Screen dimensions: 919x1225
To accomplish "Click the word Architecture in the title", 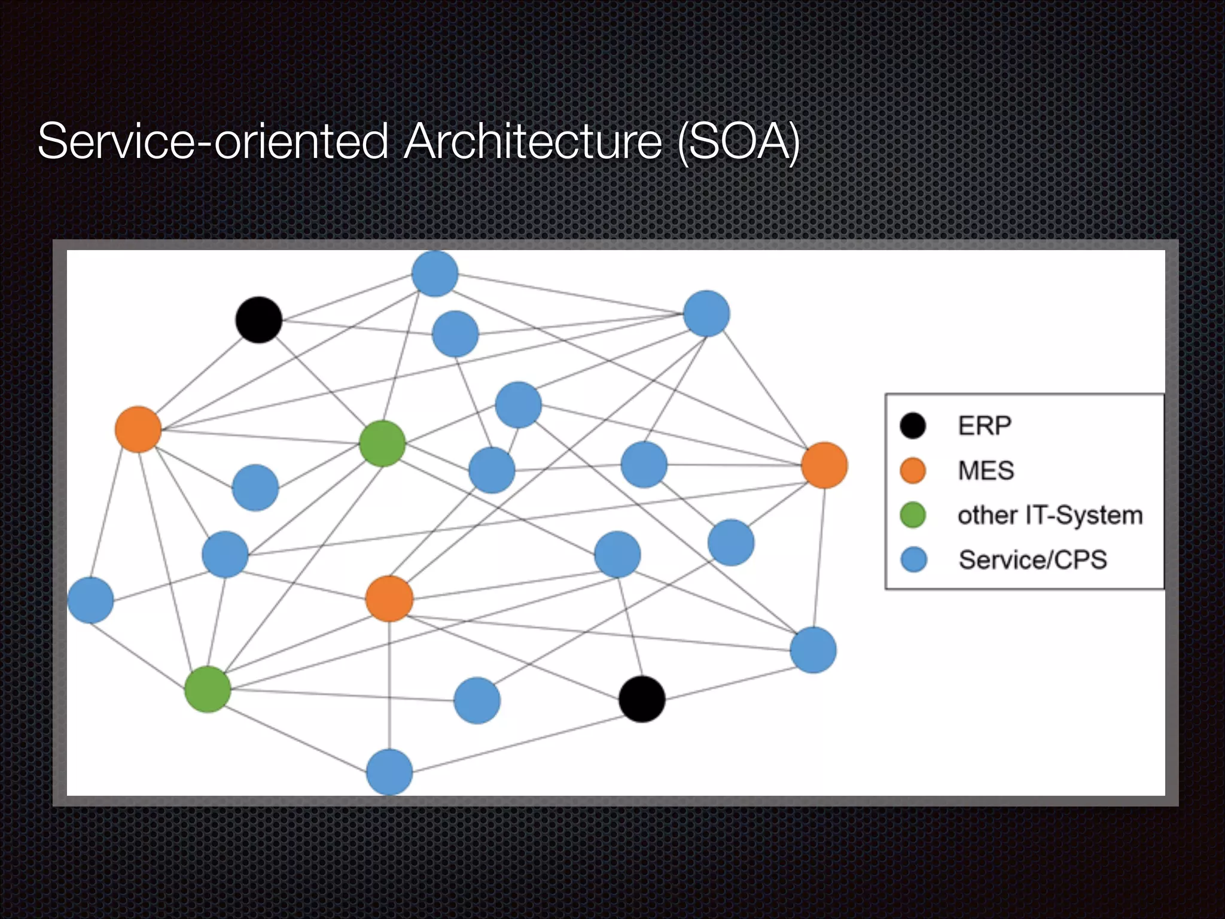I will click(x=532, y=141).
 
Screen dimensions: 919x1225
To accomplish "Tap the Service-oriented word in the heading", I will click(x=213, y=141).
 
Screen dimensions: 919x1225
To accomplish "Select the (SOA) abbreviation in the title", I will click(x=739, y=141).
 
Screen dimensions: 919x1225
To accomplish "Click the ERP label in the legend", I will click(x=985, y=426).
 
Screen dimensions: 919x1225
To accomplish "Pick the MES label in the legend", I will click(x=986, y=470).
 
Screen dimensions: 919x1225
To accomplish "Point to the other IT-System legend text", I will click(x=1050, y=515).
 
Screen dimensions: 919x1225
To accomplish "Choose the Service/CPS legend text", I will click(x=1032, y=560).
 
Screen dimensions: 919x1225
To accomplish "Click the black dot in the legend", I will click(x=913, y=426).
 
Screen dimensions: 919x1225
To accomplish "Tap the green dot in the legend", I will click(x=913, y=515).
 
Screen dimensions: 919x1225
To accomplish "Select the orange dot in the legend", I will click(x=913, y=470).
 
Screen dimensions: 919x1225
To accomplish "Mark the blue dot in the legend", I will click(x=913, y=560).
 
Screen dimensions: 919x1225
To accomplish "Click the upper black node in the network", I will click(x=258, y=320).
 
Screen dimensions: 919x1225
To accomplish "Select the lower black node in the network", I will click(x=642, y=699).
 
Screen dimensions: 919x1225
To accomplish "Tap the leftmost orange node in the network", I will click(x=138, y=430).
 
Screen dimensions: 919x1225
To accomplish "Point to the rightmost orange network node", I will click(x=824, y=465).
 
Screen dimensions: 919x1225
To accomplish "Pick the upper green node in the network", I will click(x=383, y=443).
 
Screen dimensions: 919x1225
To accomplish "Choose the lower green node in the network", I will click(x=208, y=689).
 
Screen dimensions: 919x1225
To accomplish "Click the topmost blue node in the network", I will click(x=435, y=274).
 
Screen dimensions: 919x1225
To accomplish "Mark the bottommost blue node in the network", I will click(x=389, y=772).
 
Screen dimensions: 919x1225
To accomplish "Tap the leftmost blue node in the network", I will click(x=90, y=600).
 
